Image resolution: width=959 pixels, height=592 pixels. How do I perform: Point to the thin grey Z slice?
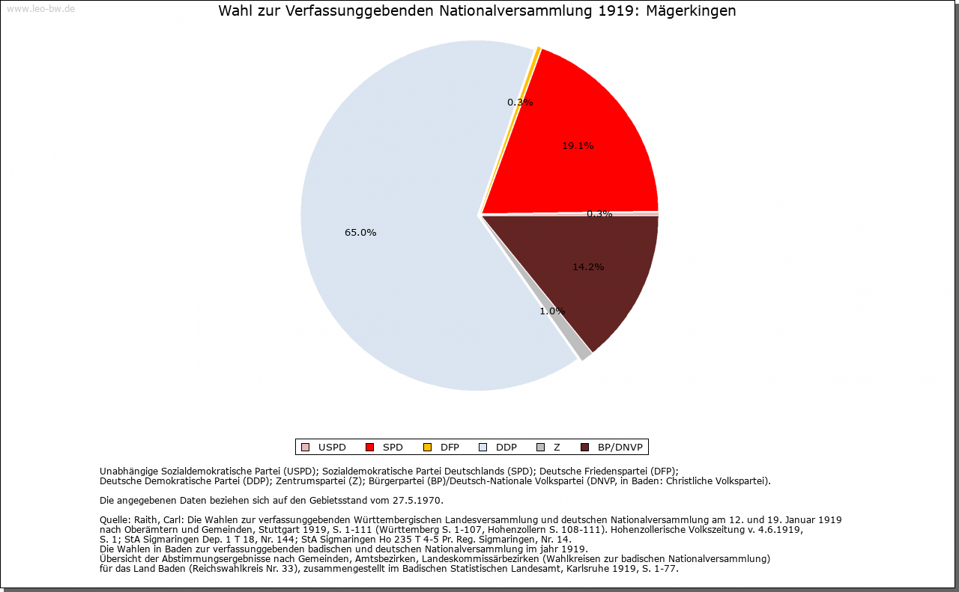click(584, 354)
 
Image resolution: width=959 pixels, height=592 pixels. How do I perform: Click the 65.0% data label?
click(360, 233)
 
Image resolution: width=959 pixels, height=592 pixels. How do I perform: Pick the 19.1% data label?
click(578, 146)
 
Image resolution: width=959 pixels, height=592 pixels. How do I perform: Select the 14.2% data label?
click(588, 267)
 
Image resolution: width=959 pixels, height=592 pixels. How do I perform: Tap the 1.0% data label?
click(552, 311)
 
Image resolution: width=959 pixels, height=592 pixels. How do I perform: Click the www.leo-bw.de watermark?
click(40, 9)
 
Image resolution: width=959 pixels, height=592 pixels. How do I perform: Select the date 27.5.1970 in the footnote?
click(417, 500)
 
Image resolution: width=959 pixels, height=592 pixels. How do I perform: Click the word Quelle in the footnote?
click(115, 519)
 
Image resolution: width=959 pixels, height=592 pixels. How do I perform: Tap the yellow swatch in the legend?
click(427, 448)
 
